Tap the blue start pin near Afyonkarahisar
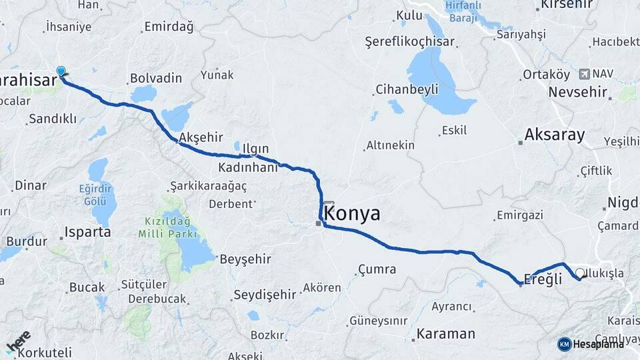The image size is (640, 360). (x=61, y=71)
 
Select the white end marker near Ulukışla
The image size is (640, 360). (x=580, y=273)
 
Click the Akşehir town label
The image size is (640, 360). (x=201, y=137)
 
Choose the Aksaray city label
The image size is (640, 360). (x=555, y=135)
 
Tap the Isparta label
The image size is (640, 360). (x=87, y=233)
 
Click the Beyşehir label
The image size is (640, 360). (x=247, y=258)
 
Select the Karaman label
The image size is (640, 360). (x=446, y=333)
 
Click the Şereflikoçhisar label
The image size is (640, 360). (x=410, y=41)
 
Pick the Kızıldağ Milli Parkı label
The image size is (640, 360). (x=167, y=227)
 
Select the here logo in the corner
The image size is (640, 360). (x=19, y=341)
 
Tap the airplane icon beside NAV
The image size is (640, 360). (x=585, y=73)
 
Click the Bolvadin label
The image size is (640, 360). (x=156, y=78)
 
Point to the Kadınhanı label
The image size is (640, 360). (x=247, y=167)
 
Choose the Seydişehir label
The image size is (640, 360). (x=265, y=294)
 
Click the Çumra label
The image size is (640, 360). (x=377, y=269)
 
